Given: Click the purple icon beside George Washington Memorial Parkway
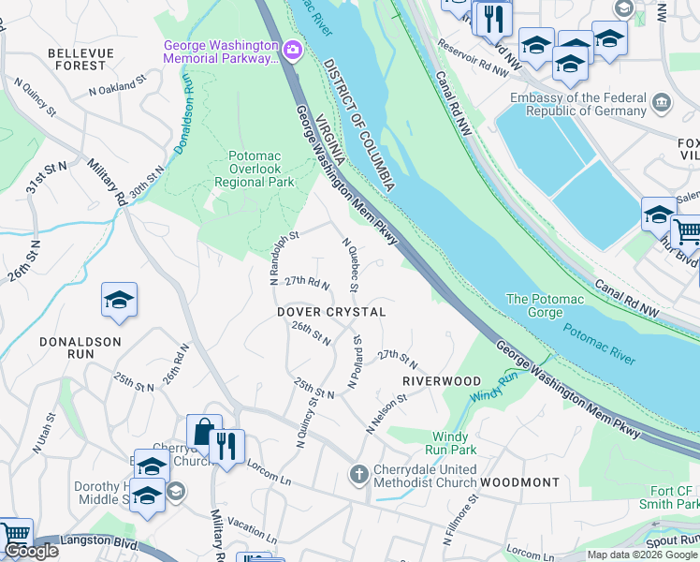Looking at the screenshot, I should coord(293,48).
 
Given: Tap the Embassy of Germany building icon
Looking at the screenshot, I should coord(662,101).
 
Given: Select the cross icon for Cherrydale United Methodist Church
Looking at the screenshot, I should coord(358,475).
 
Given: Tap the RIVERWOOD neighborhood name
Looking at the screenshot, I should coord(442,381).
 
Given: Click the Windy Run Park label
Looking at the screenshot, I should coord(454,443).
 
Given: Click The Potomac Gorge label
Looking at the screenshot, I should coord(545,299).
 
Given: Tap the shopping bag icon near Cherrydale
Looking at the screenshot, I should coord(203,433).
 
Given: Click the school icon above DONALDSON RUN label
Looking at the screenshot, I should coord(120,300).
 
